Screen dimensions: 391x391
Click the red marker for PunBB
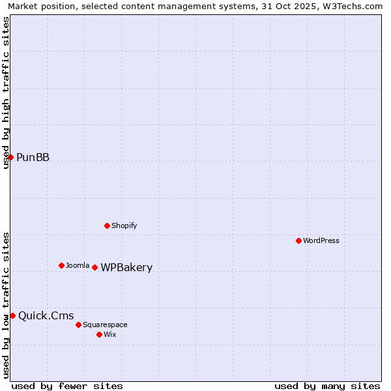10,157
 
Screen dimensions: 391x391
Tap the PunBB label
33,157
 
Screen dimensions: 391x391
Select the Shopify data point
107,225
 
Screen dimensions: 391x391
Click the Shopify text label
124,225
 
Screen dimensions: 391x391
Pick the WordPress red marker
298,240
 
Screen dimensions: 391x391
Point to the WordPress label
321,240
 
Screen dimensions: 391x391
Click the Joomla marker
61,265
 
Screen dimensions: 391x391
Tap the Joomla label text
78,265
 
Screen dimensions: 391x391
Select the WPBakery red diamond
94,267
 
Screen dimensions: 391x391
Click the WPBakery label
126,268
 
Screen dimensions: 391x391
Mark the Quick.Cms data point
12,315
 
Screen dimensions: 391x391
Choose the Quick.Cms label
46,316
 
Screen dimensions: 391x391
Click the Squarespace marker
78,325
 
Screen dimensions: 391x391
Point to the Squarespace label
105,325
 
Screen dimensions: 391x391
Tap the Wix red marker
99,334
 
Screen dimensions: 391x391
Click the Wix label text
110,334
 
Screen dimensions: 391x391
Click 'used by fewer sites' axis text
67,386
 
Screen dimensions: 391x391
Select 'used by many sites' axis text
327,386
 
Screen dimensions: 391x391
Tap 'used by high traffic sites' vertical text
7,93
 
